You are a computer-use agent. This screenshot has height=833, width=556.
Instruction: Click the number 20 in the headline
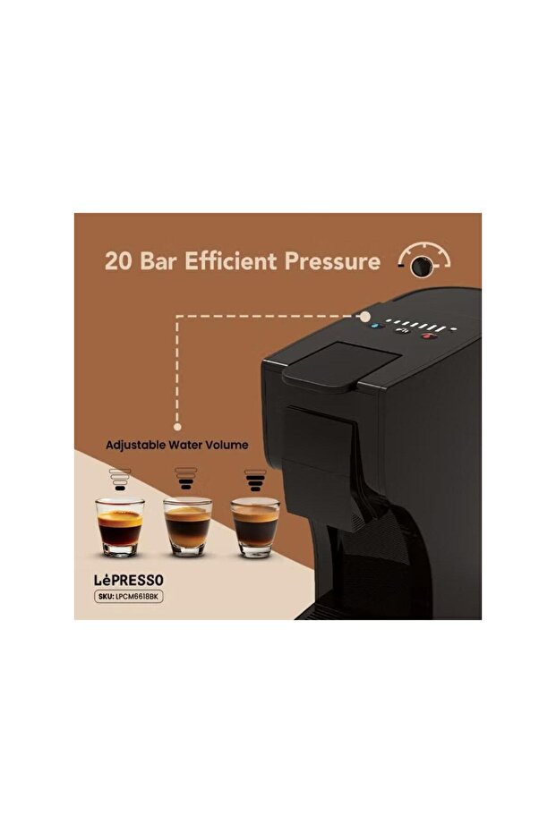click(119, 261)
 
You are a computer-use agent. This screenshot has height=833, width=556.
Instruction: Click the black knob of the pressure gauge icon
click(422, 266)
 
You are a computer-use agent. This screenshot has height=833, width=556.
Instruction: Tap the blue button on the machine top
click(377, 327)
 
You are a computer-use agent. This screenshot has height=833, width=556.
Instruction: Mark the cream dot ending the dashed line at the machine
click(365, 317)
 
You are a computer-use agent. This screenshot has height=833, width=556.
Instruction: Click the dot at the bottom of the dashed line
click(177, 427)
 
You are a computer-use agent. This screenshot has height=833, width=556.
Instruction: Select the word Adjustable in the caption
click(135, 446)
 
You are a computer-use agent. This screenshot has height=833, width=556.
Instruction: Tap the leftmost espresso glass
click(120, 526)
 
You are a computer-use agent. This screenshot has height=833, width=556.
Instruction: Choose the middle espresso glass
click(187, 526)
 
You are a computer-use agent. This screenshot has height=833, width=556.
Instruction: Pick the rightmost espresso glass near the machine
click(255, 528)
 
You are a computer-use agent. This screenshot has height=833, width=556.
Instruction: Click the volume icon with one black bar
click(120, 480)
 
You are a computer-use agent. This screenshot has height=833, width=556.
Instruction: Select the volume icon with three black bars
click(255, 480)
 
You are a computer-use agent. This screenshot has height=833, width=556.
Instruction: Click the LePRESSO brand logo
click(129, 580)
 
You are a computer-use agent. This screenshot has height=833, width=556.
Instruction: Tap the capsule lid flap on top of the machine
click(340, 363)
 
